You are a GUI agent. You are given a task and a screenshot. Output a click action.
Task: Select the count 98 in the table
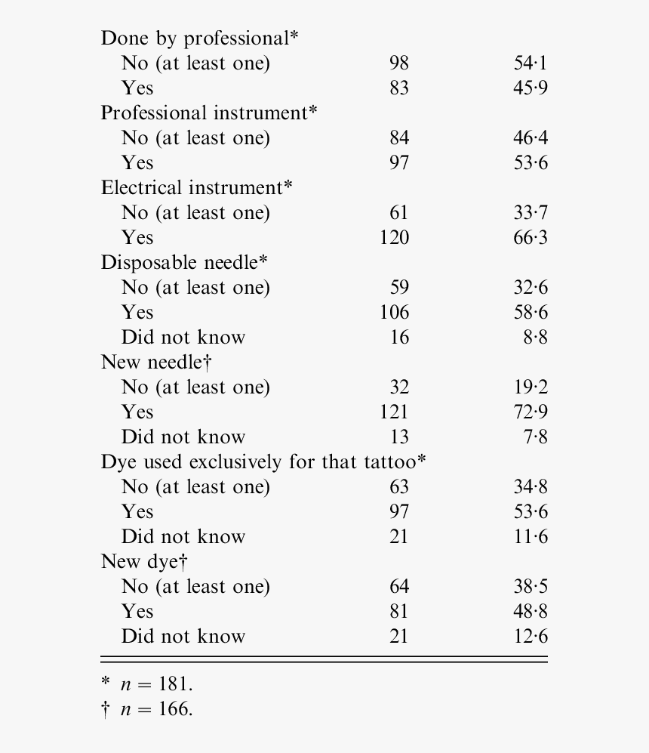click(x=398, y=63)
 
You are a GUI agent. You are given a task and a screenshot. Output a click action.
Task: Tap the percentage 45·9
click(x=531, y=88)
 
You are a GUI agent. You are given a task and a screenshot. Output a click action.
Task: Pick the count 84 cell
click(x=398, y=138)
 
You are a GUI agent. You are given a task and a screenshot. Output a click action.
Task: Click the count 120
click(x=394, y=238)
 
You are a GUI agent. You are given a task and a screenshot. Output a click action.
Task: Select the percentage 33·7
click(x=531, y=213)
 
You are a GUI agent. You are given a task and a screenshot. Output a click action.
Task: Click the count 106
click(x=394, y=313)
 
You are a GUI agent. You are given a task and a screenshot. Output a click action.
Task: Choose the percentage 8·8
click(x=535, y=338)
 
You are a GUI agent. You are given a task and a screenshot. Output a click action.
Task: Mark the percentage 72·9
click(x=531, y=412)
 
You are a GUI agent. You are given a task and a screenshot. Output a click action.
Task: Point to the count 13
click(x=398, y=437)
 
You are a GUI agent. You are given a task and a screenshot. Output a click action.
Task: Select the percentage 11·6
click(x=531, y=537)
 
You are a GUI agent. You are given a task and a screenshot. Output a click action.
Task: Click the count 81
click(x=398, y=612)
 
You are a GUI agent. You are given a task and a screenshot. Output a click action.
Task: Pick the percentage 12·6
click(x=531, y=637)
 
